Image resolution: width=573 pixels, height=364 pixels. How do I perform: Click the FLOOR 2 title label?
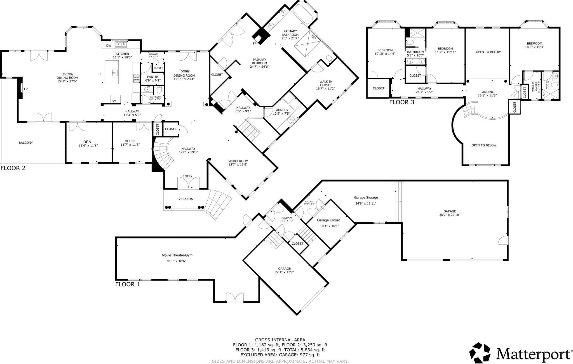13,168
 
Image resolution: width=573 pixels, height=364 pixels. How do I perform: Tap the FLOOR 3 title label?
401,102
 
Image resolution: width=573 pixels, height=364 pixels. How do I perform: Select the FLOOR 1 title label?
128,284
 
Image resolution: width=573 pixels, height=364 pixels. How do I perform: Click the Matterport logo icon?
480,353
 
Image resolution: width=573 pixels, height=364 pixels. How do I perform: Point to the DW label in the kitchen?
109,46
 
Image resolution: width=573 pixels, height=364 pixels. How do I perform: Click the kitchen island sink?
114,73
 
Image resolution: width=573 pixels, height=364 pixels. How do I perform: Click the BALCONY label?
26,143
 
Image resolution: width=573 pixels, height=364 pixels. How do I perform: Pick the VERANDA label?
185,199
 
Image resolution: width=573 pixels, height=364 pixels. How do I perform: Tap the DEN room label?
87,142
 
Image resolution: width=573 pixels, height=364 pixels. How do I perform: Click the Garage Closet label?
328,220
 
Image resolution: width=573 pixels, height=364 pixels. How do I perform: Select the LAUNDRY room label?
281,110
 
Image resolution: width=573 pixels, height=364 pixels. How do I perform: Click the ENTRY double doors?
188,183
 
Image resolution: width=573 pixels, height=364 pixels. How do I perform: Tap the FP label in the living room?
26,89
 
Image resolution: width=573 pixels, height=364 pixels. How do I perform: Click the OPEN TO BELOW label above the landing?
488,52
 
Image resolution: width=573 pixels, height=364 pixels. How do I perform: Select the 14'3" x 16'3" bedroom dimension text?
534,47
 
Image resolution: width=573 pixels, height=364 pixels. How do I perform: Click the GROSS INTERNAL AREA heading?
280,340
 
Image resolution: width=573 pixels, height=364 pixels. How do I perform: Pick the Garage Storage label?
366,198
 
